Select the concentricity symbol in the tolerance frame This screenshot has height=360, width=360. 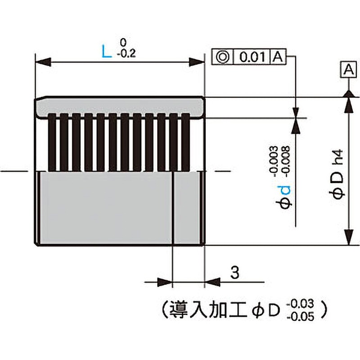[223, 57]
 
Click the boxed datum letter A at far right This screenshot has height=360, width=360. [348, 69]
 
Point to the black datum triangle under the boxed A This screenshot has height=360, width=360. [348, 93]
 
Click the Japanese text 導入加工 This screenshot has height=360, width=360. [206, 309]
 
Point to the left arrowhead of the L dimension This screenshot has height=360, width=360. [40, 62]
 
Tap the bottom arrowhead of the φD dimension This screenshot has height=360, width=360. [348, 238]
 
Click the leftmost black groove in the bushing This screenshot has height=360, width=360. [53, 143]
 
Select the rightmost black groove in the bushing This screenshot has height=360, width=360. [184, 143]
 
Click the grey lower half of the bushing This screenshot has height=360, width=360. [103, 207]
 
